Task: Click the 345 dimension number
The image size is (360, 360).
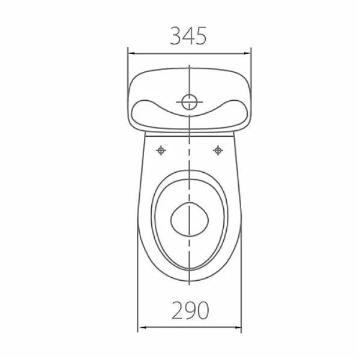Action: coord(188,36)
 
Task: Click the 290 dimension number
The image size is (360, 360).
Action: coord(190,310)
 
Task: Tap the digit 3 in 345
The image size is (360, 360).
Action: coord(176,36)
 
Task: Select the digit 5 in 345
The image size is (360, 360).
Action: coord(201,36)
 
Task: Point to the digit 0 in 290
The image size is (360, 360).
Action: coord(203,310)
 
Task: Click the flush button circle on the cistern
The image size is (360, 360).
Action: coord(190,102)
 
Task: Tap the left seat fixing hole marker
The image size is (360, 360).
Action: coord(161,151)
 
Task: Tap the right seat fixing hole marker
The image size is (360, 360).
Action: coord(218,151)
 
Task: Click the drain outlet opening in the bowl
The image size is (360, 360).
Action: coord(190,220)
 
